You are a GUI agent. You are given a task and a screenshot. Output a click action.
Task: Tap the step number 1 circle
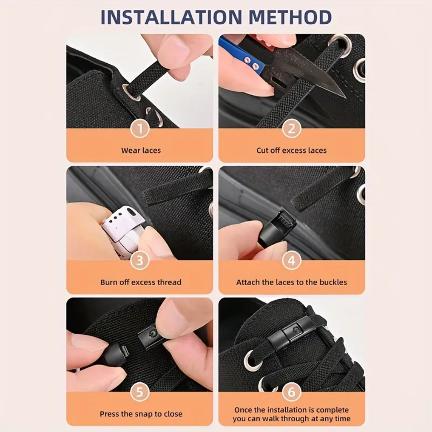tap(140, 129)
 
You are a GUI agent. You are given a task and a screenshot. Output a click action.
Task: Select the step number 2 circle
tap(292, 129)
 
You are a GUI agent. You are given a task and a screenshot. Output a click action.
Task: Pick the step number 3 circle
tap(140, 261)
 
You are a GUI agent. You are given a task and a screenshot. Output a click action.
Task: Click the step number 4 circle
tap(292, 261)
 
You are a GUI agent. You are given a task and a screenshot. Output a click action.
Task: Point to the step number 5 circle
tap(140, 392)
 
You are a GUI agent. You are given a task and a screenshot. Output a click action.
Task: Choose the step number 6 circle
tap(292, 392)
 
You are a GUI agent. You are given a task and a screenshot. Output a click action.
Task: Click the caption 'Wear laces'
tap(141, 151)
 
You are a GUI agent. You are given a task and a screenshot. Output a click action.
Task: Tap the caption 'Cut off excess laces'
tap(292, 151)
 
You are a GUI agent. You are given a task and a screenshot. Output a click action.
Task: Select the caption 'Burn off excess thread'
tap(141, 282)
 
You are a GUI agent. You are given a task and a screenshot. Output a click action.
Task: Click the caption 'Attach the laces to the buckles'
tap(292, 282)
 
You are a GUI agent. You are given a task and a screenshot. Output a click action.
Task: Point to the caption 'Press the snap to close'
tap(141, 414)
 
